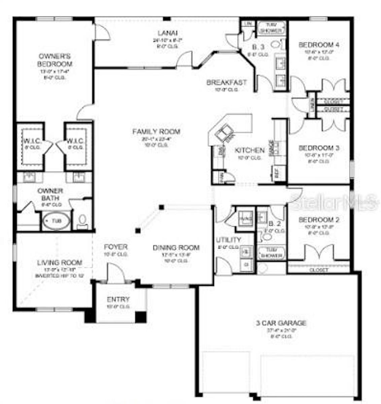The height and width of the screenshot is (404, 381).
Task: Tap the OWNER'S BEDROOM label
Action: coord(55,60)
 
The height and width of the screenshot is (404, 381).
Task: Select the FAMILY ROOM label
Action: coord(156,131)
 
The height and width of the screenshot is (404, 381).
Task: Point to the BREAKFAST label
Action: coord(227,82)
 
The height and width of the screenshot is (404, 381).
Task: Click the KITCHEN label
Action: coord(249,150)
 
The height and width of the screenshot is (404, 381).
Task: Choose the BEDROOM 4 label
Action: coord(319,44)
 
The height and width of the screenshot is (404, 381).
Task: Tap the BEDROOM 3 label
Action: coord(319,148)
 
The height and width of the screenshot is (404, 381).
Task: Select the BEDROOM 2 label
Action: coord(319,220)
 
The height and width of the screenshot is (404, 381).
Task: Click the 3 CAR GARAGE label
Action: coord(281,323)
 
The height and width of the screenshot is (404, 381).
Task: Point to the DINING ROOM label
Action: coord(176,247)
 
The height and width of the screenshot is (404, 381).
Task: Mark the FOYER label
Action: coord(115,247)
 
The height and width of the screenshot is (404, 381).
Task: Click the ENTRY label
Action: coord(118,299)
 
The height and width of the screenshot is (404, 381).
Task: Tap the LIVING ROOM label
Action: coord(59,262)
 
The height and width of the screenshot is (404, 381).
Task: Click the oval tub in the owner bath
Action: coord(56,221)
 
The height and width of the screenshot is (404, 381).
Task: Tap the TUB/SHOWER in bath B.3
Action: coord(271,28)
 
